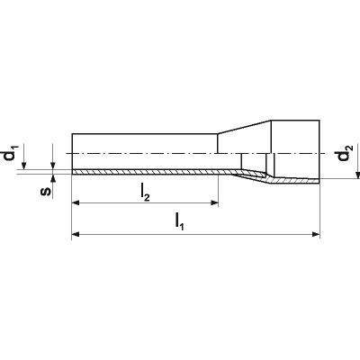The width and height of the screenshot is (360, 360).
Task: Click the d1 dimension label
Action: pyautogui.click(x=13, y=153)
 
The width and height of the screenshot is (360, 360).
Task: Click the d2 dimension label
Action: pyautogui.click(x=345, y=153)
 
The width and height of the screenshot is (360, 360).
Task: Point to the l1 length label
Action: pyautogui.click(x=179, y=222)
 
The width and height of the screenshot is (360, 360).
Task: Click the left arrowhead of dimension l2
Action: pyautogui.click(x=76, y=203)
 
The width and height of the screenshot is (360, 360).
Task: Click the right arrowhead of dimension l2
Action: pyautogui.click(x=214, y=203)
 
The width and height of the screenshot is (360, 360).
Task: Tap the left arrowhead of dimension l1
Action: pyautogui.click(x=76, y=234)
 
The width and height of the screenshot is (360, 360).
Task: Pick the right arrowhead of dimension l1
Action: pyautogui.click(x=316, y=234)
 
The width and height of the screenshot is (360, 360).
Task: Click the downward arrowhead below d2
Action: pyautogui.click(x=358, y=175)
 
